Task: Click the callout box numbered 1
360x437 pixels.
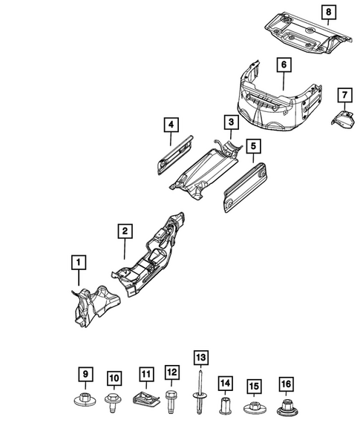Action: click(78, 261)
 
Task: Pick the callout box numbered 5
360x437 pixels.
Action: click(254, 146)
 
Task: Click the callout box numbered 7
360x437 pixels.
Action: click(344, 94)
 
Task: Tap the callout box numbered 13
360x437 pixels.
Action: click(198, 357)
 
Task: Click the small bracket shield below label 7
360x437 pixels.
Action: click(342, 121)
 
